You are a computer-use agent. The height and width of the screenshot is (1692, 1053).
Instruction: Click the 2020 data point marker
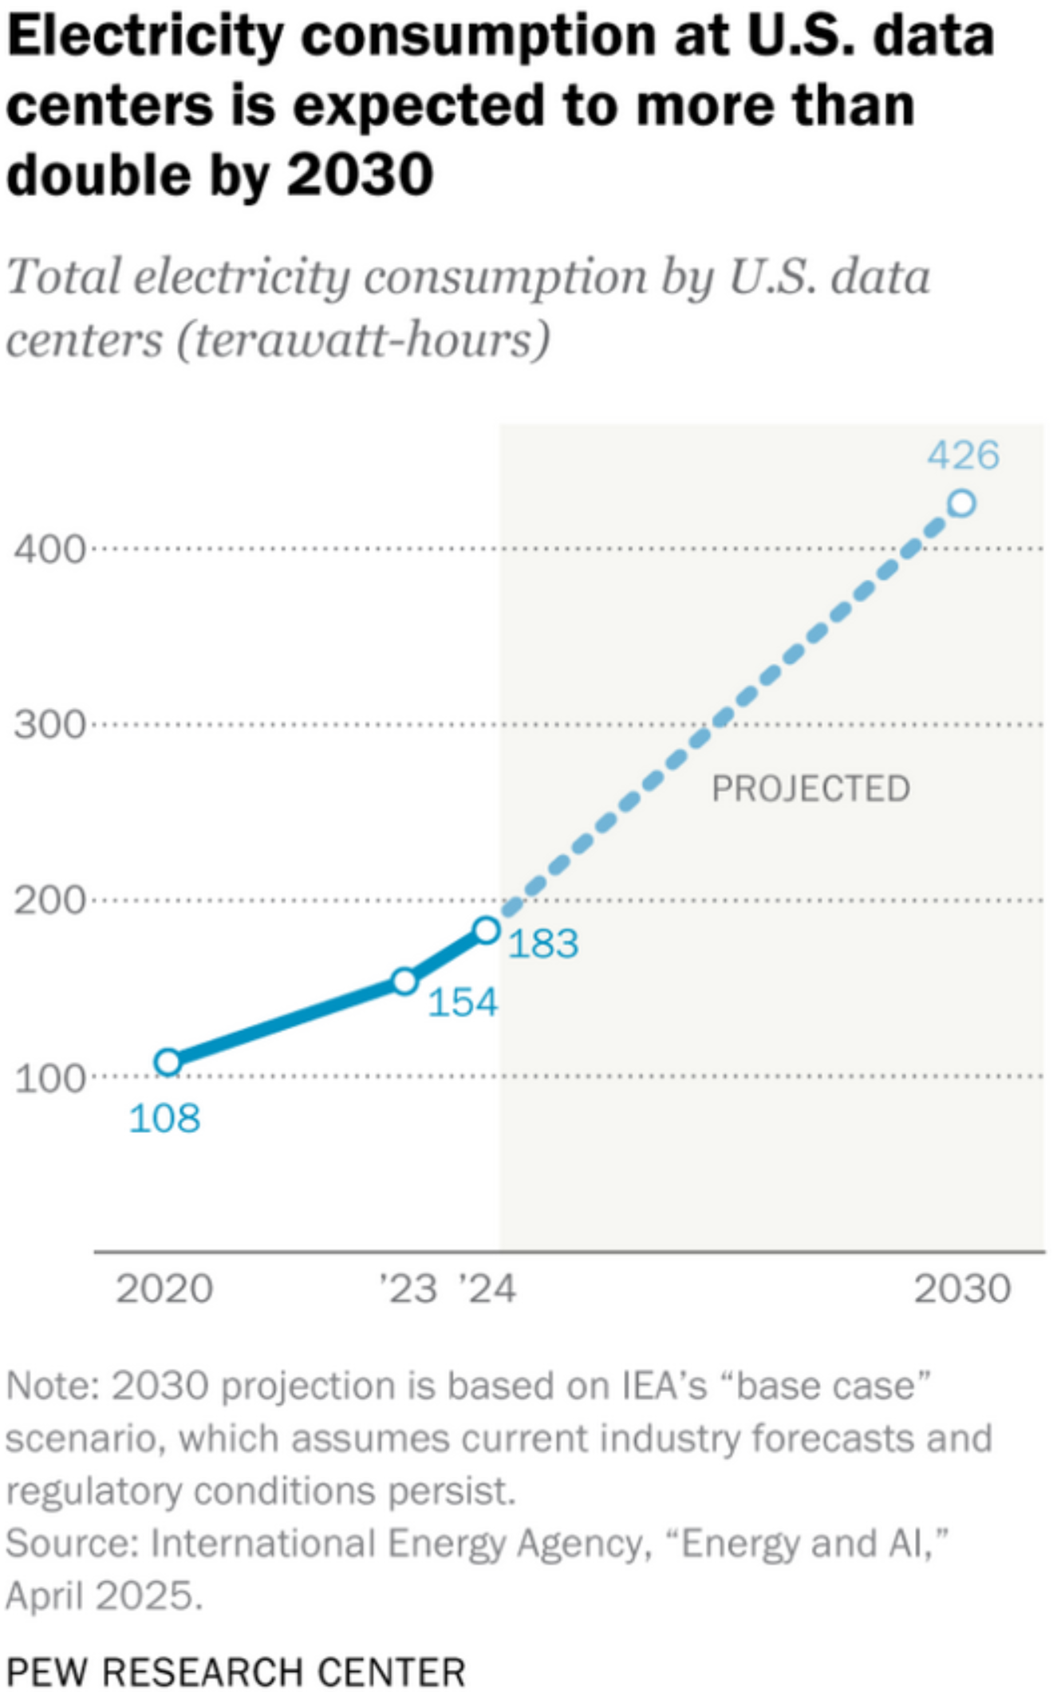coord(168,1061)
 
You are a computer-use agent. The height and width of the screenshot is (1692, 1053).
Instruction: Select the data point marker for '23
coord(405,981)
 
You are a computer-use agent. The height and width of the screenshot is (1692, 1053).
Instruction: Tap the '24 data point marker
coord(487,930)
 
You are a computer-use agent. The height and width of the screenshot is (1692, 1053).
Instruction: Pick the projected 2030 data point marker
coord(962,503)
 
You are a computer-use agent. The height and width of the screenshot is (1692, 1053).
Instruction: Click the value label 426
coord(963,456)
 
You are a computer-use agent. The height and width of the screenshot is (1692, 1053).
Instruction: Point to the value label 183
coord(543,944)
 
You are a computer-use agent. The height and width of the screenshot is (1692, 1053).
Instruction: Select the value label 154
coord(463,1002)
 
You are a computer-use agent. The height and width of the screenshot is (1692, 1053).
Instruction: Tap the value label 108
coord(164,1118)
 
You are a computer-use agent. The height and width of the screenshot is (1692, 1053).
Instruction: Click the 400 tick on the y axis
coord(49,549)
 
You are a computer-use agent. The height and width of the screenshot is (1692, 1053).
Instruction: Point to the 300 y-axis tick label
coord(49,726)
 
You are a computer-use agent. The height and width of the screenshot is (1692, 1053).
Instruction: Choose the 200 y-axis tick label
coord(49,901)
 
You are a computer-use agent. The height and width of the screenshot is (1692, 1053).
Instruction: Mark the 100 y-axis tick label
coord(49,1078)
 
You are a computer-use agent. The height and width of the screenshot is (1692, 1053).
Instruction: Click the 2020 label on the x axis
coord(164,1289)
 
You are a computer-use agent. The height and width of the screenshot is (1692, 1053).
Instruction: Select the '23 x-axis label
coord(408,1289)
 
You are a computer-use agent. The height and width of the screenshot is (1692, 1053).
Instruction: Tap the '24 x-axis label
coord(487,1289)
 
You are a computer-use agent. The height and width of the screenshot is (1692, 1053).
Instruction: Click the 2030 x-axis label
coord(962,1289)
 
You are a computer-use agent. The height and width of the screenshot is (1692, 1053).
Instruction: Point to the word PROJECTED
coord(810,789)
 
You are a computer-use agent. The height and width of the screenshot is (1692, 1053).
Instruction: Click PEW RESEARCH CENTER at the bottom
coord(236,1671)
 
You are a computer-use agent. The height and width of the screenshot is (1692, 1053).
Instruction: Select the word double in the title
coord(100,175)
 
